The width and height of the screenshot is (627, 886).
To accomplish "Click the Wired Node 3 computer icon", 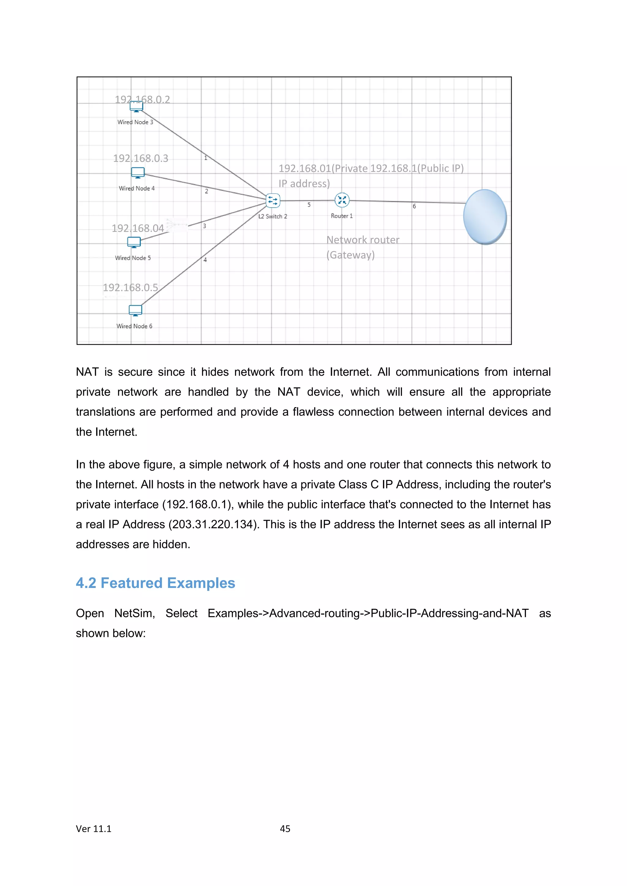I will click(136, 106).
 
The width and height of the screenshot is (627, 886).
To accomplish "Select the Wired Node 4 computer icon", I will click(138, 173).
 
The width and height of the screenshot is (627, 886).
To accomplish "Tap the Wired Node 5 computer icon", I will click(134, 242).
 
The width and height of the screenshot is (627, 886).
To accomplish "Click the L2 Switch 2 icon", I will click(273, 200).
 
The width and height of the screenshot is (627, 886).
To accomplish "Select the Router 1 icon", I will click(342, 200).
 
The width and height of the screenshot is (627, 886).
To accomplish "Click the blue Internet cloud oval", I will click(485, 217).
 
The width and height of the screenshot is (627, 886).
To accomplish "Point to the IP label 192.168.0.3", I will click(141, 158).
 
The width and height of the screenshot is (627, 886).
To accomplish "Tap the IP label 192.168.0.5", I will click(130, 288).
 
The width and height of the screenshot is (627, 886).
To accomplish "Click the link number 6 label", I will click(414, 207).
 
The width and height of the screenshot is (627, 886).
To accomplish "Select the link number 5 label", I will click(309, 205).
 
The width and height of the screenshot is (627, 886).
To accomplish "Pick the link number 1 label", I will click(206, 158).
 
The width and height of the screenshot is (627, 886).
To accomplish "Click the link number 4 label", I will click(205, 260).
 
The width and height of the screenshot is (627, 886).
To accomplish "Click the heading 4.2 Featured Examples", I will click(155, 583).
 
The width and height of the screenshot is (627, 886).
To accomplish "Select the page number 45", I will click(285, 828).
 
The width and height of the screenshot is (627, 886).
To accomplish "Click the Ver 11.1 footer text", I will click(93, 828).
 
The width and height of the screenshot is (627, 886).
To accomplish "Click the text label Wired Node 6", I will click(134, 326).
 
